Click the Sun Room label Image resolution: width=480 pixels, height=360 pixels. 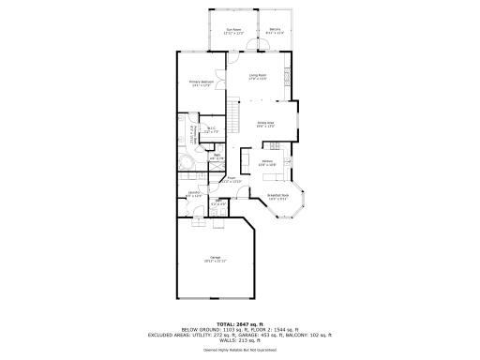tap(232, 31)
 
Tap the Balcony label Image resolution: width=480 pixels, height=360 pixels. tap(275, 31)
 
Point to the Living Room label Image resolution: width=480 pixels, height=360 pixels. tap(257, 77)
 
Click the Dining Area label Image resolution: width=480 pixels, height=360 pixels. tap(265, 123)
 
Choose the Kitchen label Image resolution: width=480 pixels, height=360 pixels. tap(267, 163)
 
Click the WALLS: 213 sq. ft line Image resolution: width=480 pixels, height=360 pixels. tap(240, 338)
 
